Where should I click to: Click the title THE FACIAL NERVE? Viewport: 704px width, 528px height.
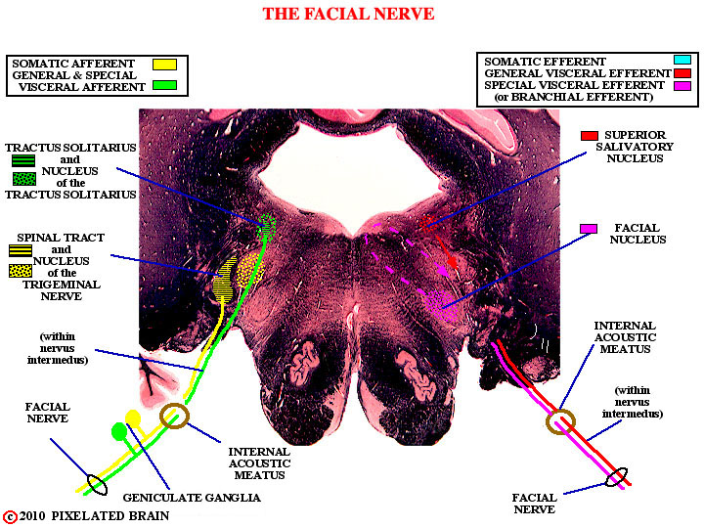[x=348, y=14]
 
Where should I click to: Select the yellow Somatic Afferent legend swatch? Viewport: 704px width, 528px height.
[x=164, y=65]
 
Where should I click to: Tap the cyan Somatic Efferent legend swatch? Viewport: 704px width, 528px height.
[x=682, y=60]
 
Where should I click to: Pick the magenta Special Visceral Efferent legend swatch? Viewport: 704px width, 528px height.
[x=682, y=85]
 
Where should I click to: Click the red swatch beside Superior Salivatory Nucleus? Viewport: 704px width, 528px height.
[x=589, y=136]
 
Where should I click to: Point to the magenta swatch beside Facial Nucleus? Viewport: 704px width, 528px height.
[x=589, y=229]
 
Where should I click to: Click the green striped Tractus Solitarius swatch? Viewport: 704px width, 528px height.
[x=23, y=160]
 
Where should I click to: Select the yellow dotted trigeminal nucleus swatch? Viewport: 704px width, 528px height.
[x=21, y=271]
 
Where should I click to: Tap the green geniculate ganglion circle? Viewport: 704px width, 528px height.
[x=119, y=431]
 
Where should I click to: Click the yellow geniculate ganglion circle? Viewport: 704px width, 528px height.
[x=133, y=418]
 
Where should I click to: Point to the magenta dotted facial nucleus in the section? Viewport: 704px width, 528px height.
[x=440, y=305]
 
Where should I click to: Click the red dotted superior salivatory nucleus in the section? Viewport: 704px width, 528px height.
[x=429, y=222]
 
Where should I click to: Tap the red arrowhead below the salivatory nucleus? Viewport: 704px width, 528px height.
[x=453, y=263]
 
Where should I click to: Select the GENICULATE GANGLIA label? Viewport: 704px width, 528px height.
[x=192, y=498]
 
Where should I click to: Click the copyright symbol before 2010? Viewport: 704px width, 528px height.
[x=10, y=517]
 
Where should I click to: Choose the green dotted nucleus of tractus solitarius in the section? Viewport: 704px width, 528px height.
[x=267, y=226]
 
